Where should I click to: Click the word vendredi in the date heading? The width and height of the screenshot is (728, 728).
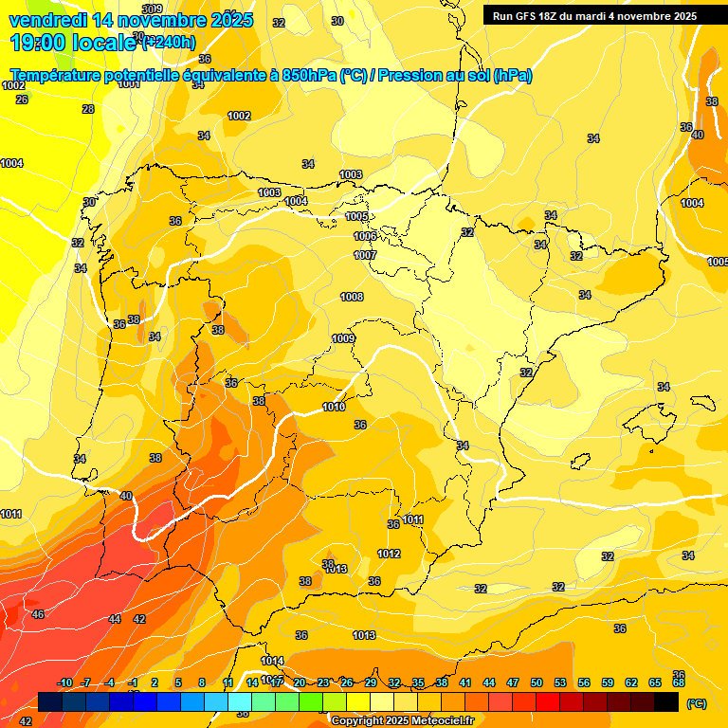pos(47,19)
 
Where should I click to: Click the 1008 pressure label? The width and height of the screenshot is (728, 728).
pos(352,297)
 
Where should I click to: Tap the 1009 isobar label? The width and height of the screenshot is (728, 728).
pos(343,338)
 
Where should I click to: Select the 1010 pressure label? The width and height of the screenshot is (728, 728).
pos(334,407)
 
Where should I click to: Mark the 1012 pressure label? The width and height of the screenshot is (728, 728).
pos(389,554)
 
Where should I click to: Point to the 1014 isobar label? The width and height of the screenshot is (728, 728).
pos(272,661)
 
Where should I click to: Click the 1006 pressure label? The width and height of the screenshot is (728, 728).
pos(365,236)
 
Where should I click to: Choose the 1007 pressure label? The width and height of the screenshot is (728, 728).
pos(365,255)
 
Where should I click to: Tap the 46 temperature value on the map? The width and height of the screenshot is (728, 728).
pos(38,614)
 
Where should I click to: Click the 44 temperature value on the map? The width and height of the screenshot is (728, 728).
pos(115,618)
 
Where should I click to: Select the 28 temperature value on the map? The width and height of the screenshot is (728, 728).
pos(88,109)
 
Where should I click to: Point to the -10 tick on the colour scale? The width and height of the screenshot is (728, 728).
pos(64,682)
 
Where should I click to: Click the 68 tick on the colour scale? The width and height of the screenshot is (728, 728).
pos(679,682)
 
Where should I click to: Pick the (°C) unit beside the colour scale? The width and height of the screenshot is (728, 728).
pos(697,703)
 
